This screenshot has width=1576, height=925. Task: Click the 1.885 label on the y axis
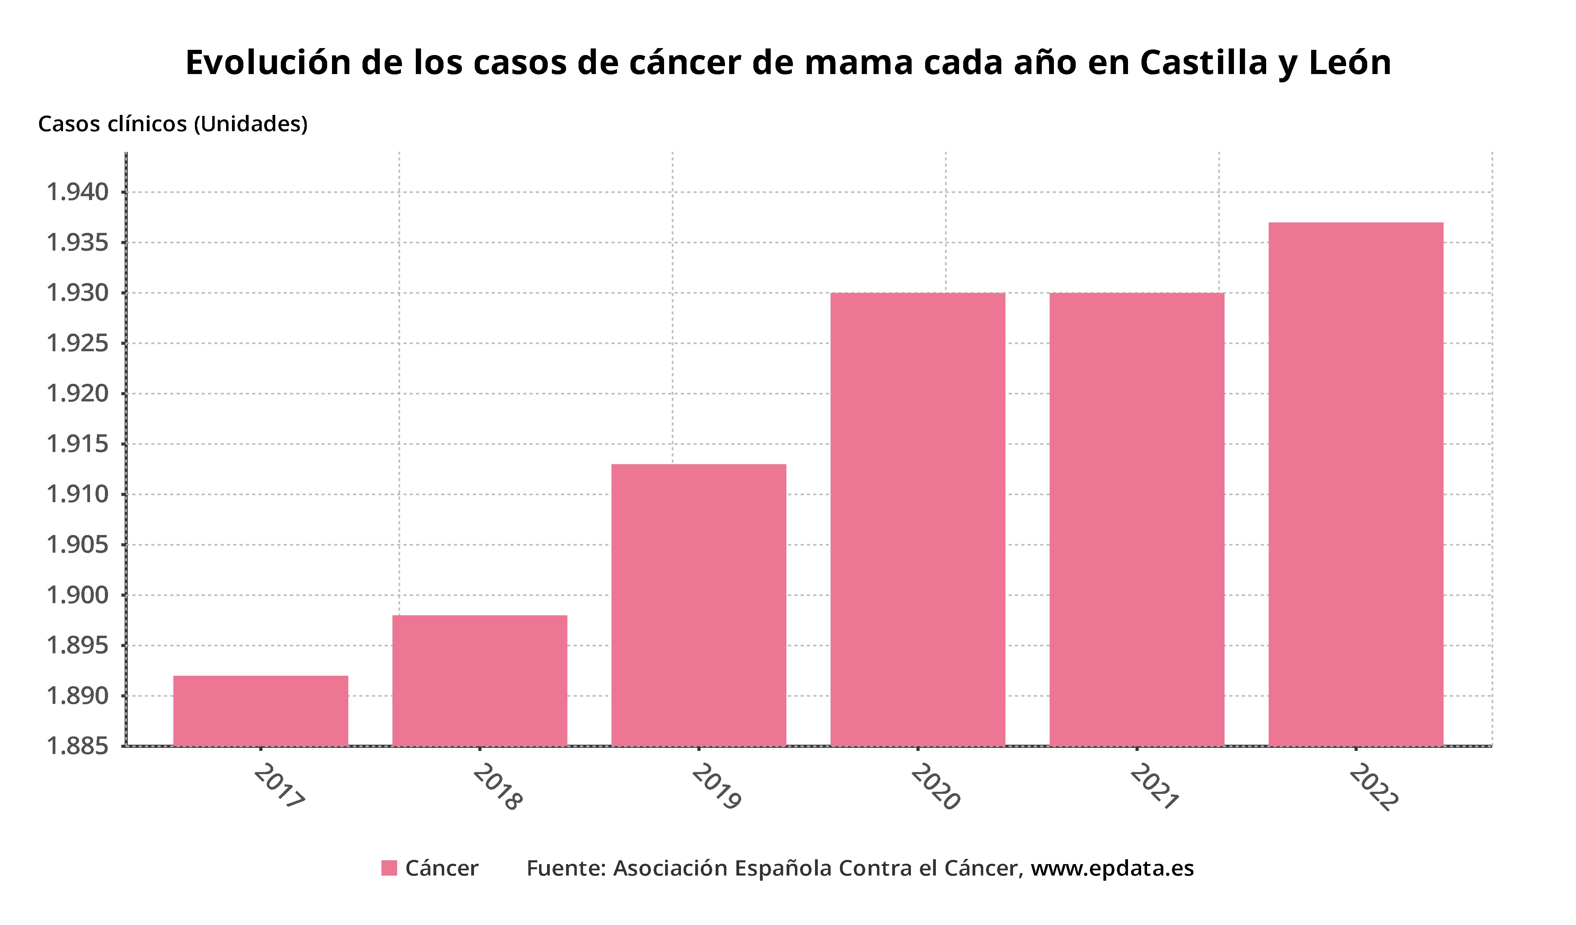point(78,746)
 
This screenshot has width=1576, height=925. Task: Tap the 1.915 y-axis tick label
point(78,444)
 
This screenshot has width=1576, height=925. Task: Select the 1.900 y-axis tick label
point(78,595)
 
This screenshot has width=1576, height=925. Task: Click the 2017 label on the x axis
point(279,786)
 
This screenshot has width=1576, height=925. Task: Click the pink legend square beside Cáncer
point(389,868)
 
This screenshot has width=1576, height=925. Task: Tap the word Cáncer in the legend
point(441,869)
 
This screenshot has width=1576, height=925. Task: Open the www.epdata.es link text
point(1112,869)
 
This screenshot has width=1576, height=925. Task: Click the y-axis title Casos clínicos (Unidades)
point(173,124)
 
